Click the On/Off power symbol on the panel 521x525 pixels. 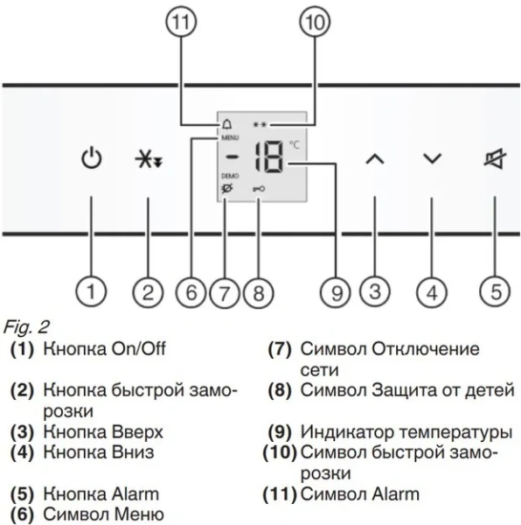pyautogui.click(x=91, y=159)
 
